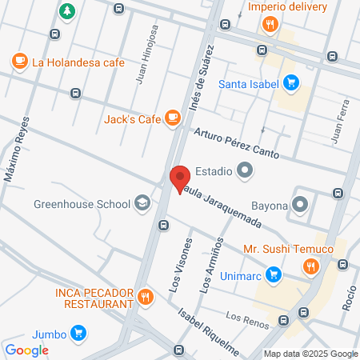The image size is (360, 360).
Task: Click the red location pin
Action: point(180,178)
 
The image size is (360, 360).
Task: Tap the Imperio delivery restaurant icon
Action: point(270,24)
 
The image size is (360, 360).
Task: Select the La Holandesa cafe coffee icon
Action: point(20,61)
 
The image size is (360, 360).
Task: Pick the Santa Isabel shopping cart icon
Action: point(291,82)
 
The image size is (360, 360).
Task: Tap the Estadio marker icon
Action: point(245,170)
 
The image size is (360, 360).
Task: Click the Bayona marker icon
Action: point(301,204)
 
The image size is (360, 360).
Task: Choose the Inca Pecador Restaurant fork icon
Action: point(145,298)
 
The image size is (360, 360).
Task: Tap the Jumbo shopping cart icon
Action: point(78,333)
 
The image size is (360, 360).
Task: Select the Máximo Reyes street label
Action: point(18,149)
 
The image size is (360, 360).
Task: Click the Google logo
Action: point(27,350)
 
